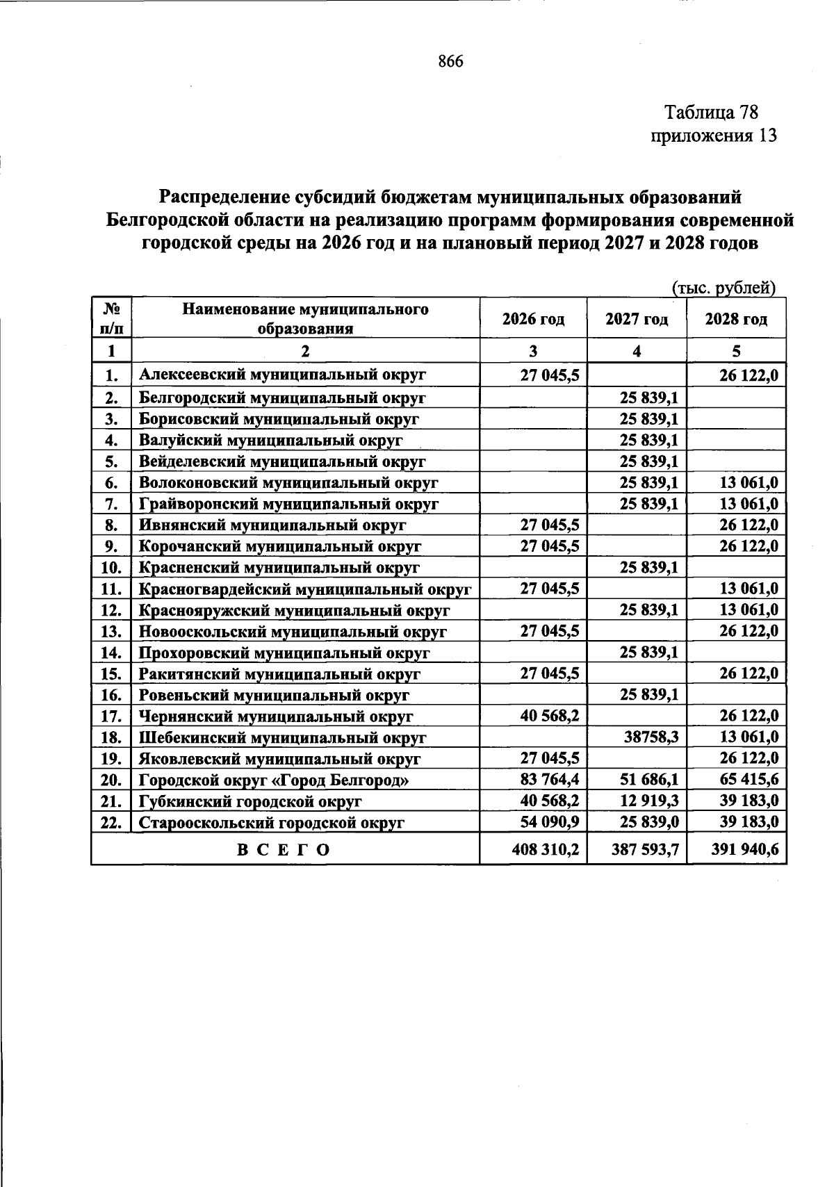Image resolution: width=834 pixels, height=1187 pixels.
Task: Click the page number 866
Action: point(450,62)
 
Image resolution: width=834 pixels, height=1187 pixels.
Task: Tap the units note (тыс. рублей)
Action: point(723,287)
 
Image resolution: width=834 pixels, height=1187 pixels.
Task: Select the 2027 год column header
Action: point(637,319)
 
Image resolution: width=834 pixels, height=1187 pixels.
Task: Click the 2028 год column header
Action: point(736,319)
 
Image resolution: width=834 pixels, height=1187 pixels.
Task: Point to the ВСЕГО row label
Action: point(284,849)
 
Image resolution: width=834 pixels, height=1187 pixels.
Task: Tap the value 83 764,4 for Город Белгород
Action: point(550,779)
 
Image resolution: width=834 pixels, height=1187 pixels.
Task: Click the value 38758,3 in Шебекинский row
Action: point(651,737)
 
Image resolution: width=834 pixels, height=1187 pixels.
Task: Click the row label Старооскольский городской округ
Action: point(272,823)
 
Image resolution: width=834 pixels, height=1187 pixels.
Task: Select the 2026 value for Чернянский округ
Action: point(550,715)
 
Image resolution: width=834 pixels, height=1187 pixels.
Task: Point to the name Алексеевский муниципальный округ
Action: point(282,375)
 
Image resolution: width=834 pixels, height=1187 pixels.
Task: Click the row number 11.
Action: point(111,589)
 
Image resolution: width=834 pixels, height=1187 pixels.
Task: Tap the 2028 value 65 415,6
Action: point(749,779)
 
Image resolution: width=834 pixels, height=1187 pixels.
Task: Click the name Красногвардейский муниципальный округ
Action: point(305,589)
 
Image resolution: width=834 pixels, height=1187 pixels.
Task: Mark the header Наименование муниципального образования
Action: point(305,319)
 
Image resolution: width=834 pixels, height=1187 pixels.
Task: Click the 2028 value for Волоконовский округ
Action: point(749,482)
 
